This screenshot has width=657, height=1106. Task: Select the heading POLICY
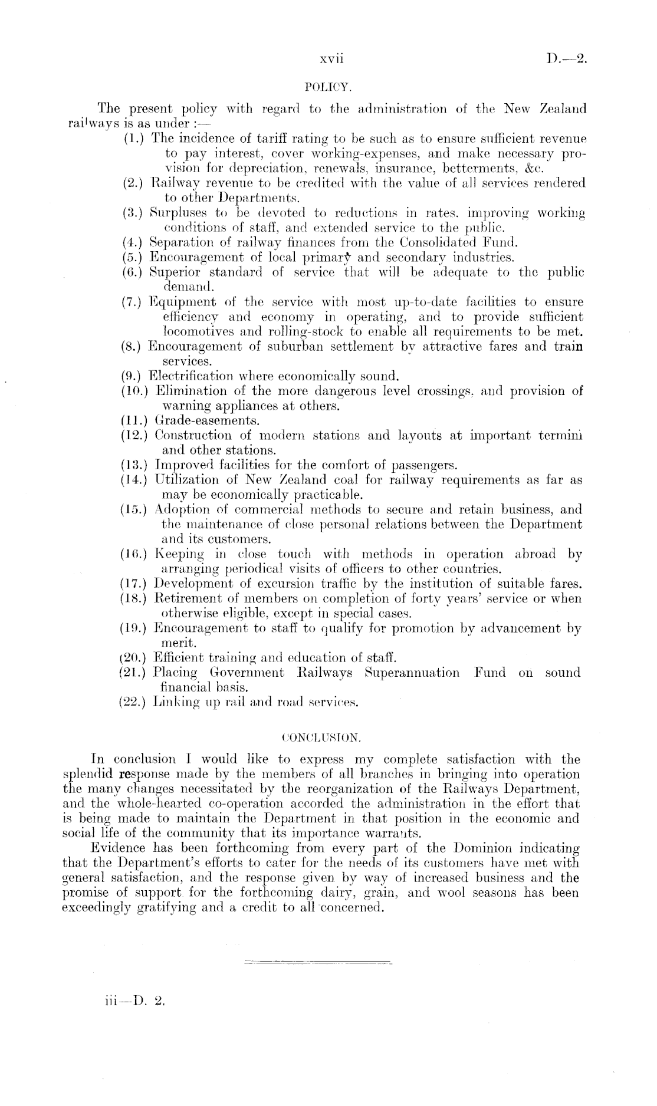click(328, 88)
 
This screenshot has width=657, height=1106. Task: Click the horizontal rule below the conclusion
click(318, 963)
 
